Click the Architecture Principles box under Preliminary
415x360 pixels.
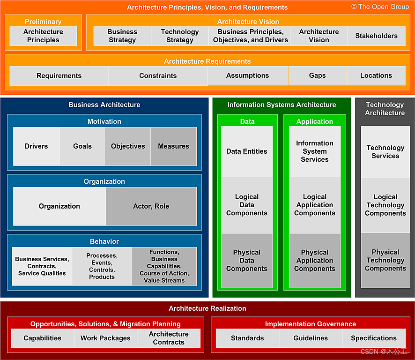pos(43,36)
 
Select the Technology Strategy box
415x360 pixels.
pos(180,36)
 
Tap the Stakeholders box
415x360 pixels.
pos(376,36)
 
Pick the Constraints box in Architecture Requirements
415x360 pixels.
pos(158,76)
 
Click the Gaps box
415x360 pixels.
pos(317,76)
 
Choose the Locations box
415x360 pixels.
pos(376,76)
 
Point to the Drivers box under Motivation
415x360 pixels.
pos(37,146)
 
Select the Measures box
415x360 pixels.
pos(173,146)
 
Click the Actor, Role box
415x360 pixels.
pos(151,206)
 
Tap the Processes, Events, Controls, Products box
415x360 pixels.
pos(102,266)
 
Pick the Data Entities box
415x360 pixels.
pos(247,151)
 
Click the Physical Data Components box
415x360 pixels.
pos(247,261)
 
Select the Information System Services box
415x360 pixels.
pos(315,151)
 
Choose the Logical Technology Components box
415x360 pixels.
pos(385,205)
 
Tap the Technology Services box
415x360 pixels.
pos(385,152)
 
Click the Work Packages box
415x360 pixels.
pos(105,338)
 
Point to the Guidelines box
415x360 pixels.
pos(311,338)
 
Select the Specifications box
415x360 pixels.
pos(374,338)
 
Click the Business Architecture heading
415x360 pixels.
pos(104,105)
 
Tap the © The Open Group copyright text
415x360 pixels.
pos(380,7)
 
